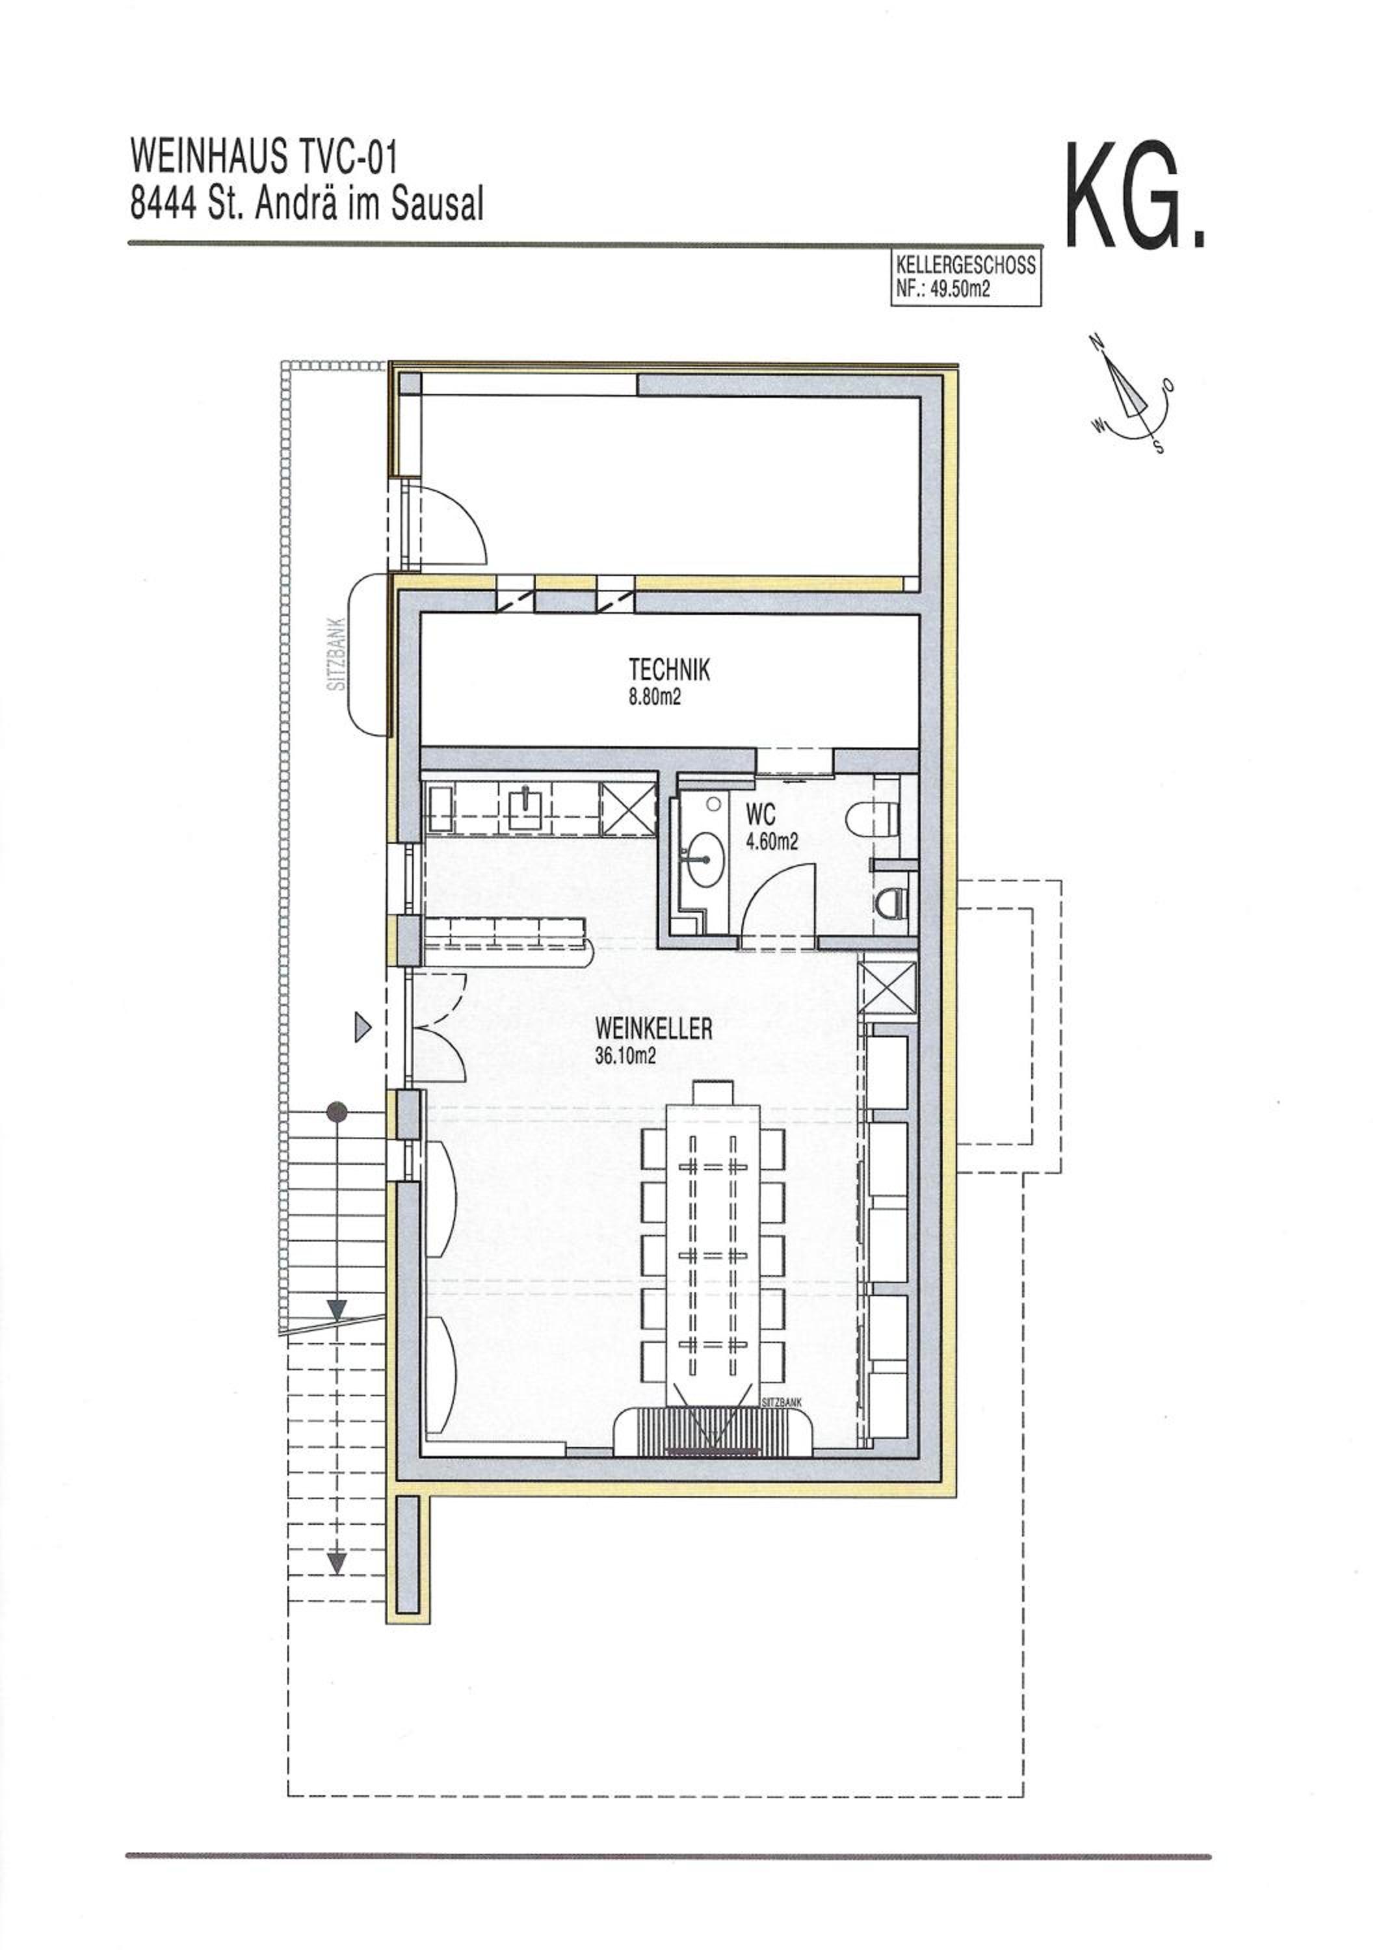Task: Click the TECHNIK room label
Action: pos(668,671)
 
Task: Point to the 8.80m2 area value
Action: pos(655,699)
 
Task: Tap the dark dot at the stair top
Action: pos(337,1112)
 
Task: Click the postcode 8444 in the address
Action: pos(163,204)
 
